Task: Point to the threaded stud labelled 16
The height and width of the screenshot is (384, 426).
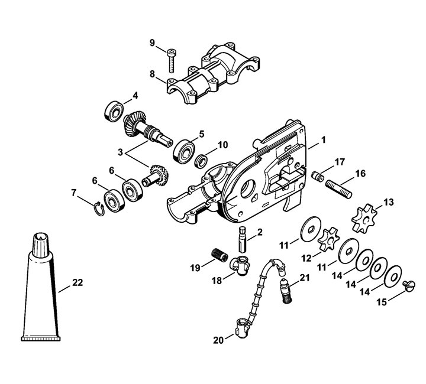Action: tap(338, 188)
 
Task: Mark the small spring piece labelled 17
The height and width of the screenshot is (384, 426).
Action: tap(318, 176)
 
